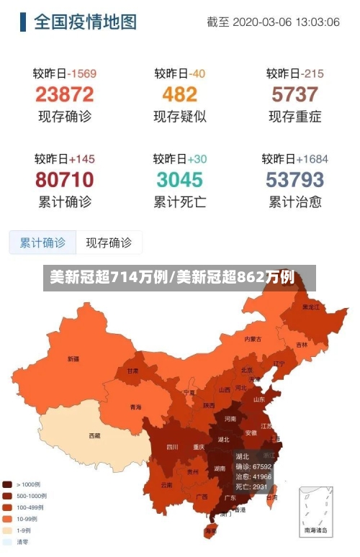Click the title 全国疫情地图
pyautogui.click(x=85, y=22)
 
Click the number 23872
pyautogui.click(x=65, y=94)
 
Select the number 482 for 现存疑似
pyautogui.click(x=179, y=94)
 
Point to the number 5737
pyautogui.click(x=294, y=94)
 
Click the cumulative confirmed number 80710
pyautogui.click(x=65, y=179)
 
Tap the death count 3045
pyautogui.click(x=179, y=179)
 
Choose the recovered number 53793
pyautogui.click(x=294, y=179)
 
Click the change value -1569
pyautogui.click(x=82, y=73)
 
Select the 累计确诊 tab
pyautogui.click(x=42, y=243)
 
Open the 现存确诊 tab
pyautogui.click(x=109, y=243)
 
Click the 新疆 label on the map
pyautogui.click(x=73, y=358)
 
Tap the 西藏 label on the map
pyautogui.click(x=94, y=435)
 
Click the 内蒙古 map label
pyautogui.click(x=253, y=338)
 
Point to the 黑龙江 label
pyautogui.click(x=310, y=307)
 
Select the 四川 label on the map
pyautogui.click(x=172, y=447)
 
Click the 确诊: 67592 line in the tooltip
pyautogui.click(x=253, y=466)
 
